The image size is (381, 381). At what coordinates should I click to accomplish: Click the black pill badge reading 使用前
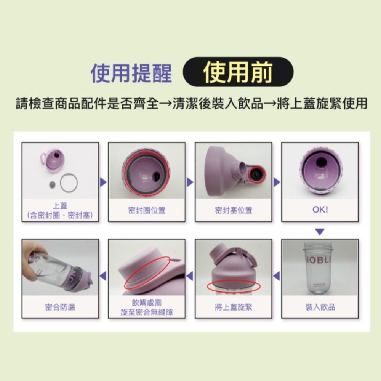point(238,72)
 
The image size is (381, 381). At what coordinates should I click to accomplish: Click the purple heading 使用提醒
point(131,73)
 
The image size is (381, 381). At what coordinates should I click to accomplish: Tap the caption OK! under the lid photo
point(320,210)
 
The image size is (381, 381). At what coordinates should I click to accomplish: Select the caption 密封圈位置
point(147,210)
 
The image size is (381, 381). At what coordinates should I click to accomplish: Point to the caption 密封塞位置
point(234,210)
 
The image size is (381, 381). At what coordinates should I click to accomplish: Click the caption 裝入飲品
point(320,307)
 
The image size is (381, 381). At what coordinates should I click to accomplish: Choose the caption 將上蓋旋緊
point(234,307)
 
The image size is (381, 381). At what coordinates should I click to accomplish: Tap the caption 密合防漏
point(60,307)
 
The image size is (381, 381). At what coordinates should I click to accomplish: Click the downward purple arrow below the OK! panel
point(320,232)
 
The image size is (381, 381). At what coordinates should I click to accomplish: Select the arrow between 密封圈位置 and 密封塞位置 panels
point(190,182)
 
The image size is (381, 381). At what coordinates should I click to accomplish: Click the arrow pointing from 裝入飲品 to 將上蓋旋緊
point(276,276)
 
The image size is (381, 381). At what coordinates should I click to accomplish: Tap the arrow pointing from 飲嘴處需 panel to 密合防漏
point(103,276)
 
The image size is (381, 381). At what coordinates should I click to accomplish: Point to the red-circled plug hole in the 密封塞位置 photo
point(257,174)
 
